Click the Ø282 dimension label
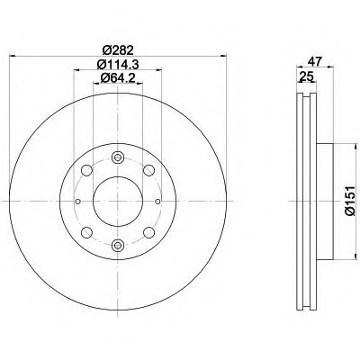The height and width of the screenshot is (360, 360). click(118, 49)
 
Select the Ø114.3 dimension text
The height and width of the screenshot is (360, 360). click(118, 64)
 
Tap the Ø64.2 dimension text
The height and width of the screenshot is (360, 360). click(118, 78)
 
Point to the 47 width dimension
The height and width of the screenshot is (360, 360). click(315, 61)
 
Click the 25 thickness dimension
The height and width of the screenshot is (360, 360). click(306, 76)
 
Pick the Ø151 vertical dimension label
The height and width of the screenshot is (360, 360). click(350, 201)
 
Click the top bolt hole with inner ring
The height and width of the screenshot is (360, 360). click(118, 157)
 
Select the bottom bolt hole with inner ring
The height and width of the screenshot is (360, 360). click(118, 246)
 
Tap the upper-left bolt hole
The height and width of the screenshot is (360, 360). click(87, 170)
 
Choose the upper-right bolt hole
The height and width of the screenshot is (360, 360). click(148, 170)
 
